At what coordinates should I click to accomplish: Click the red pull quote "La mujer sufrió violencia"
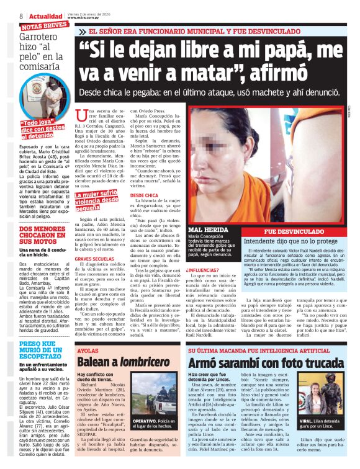pyautogui.click(x=97, y=200)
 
